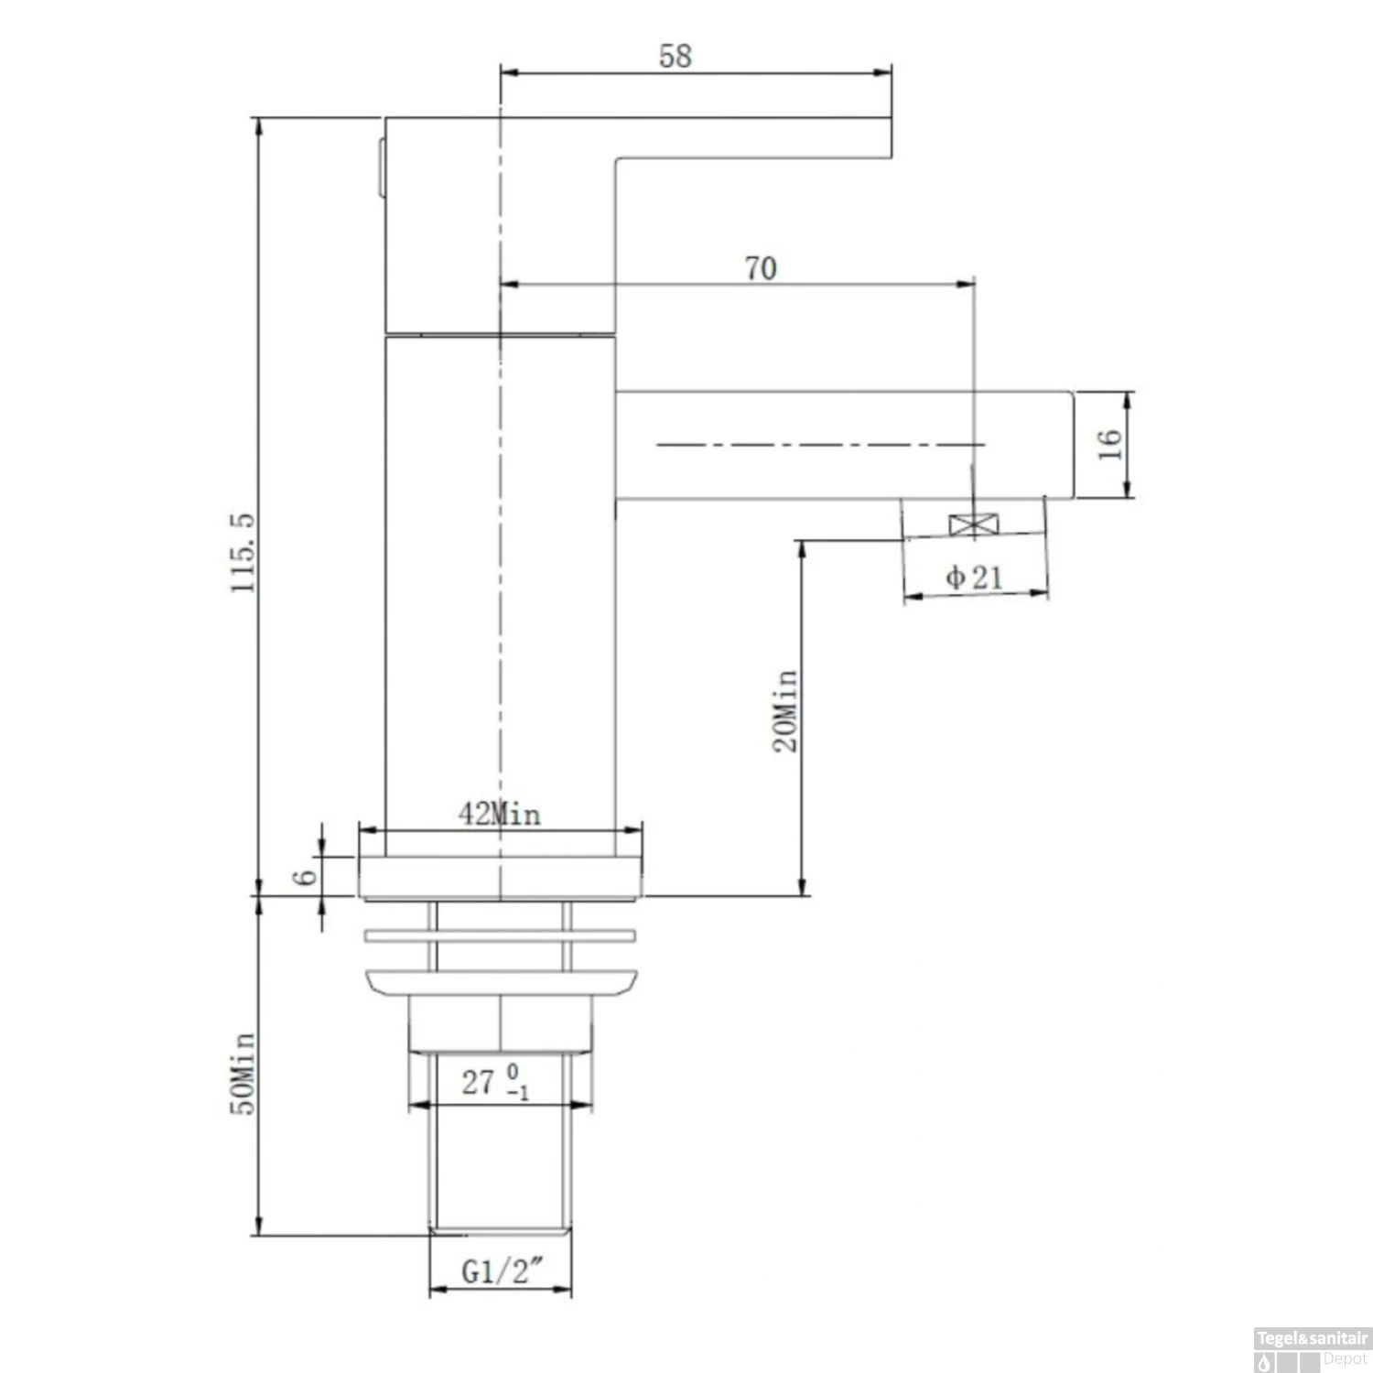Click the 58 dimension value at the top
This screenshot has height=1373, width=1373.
(676, 57)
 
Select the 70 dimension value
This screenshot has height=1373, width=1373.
(761, 269)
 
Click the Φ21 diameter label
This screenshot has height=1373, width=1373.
(975, 578)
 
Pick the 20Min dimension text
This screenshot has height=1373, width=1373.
(785, 711)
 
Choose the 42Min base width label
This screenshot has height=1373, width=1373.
(500, 814)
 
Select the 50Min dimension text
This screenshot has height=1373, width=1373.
(243, 1074)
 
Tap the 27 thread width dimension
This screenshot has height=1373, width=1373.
(495, 1082)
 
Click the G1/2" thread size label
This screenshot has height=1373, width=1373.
(502, 1271)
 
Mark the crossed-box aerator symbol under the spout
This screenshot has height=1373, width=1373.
(974, 525)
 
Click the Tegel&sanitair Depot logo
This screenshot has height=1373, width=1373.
(1312, 1349)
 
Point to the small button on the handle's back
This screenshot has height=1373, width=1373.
(380, 168)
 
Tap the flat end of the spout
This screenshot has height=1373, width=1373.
(1071, 446)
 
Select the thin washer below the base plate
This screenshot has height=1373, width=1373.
(500, 935)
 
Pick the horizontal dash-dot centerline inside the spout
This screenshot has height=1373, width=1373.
(820, 445)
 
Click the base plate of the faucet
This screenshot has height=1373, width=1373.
(500, 877)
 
